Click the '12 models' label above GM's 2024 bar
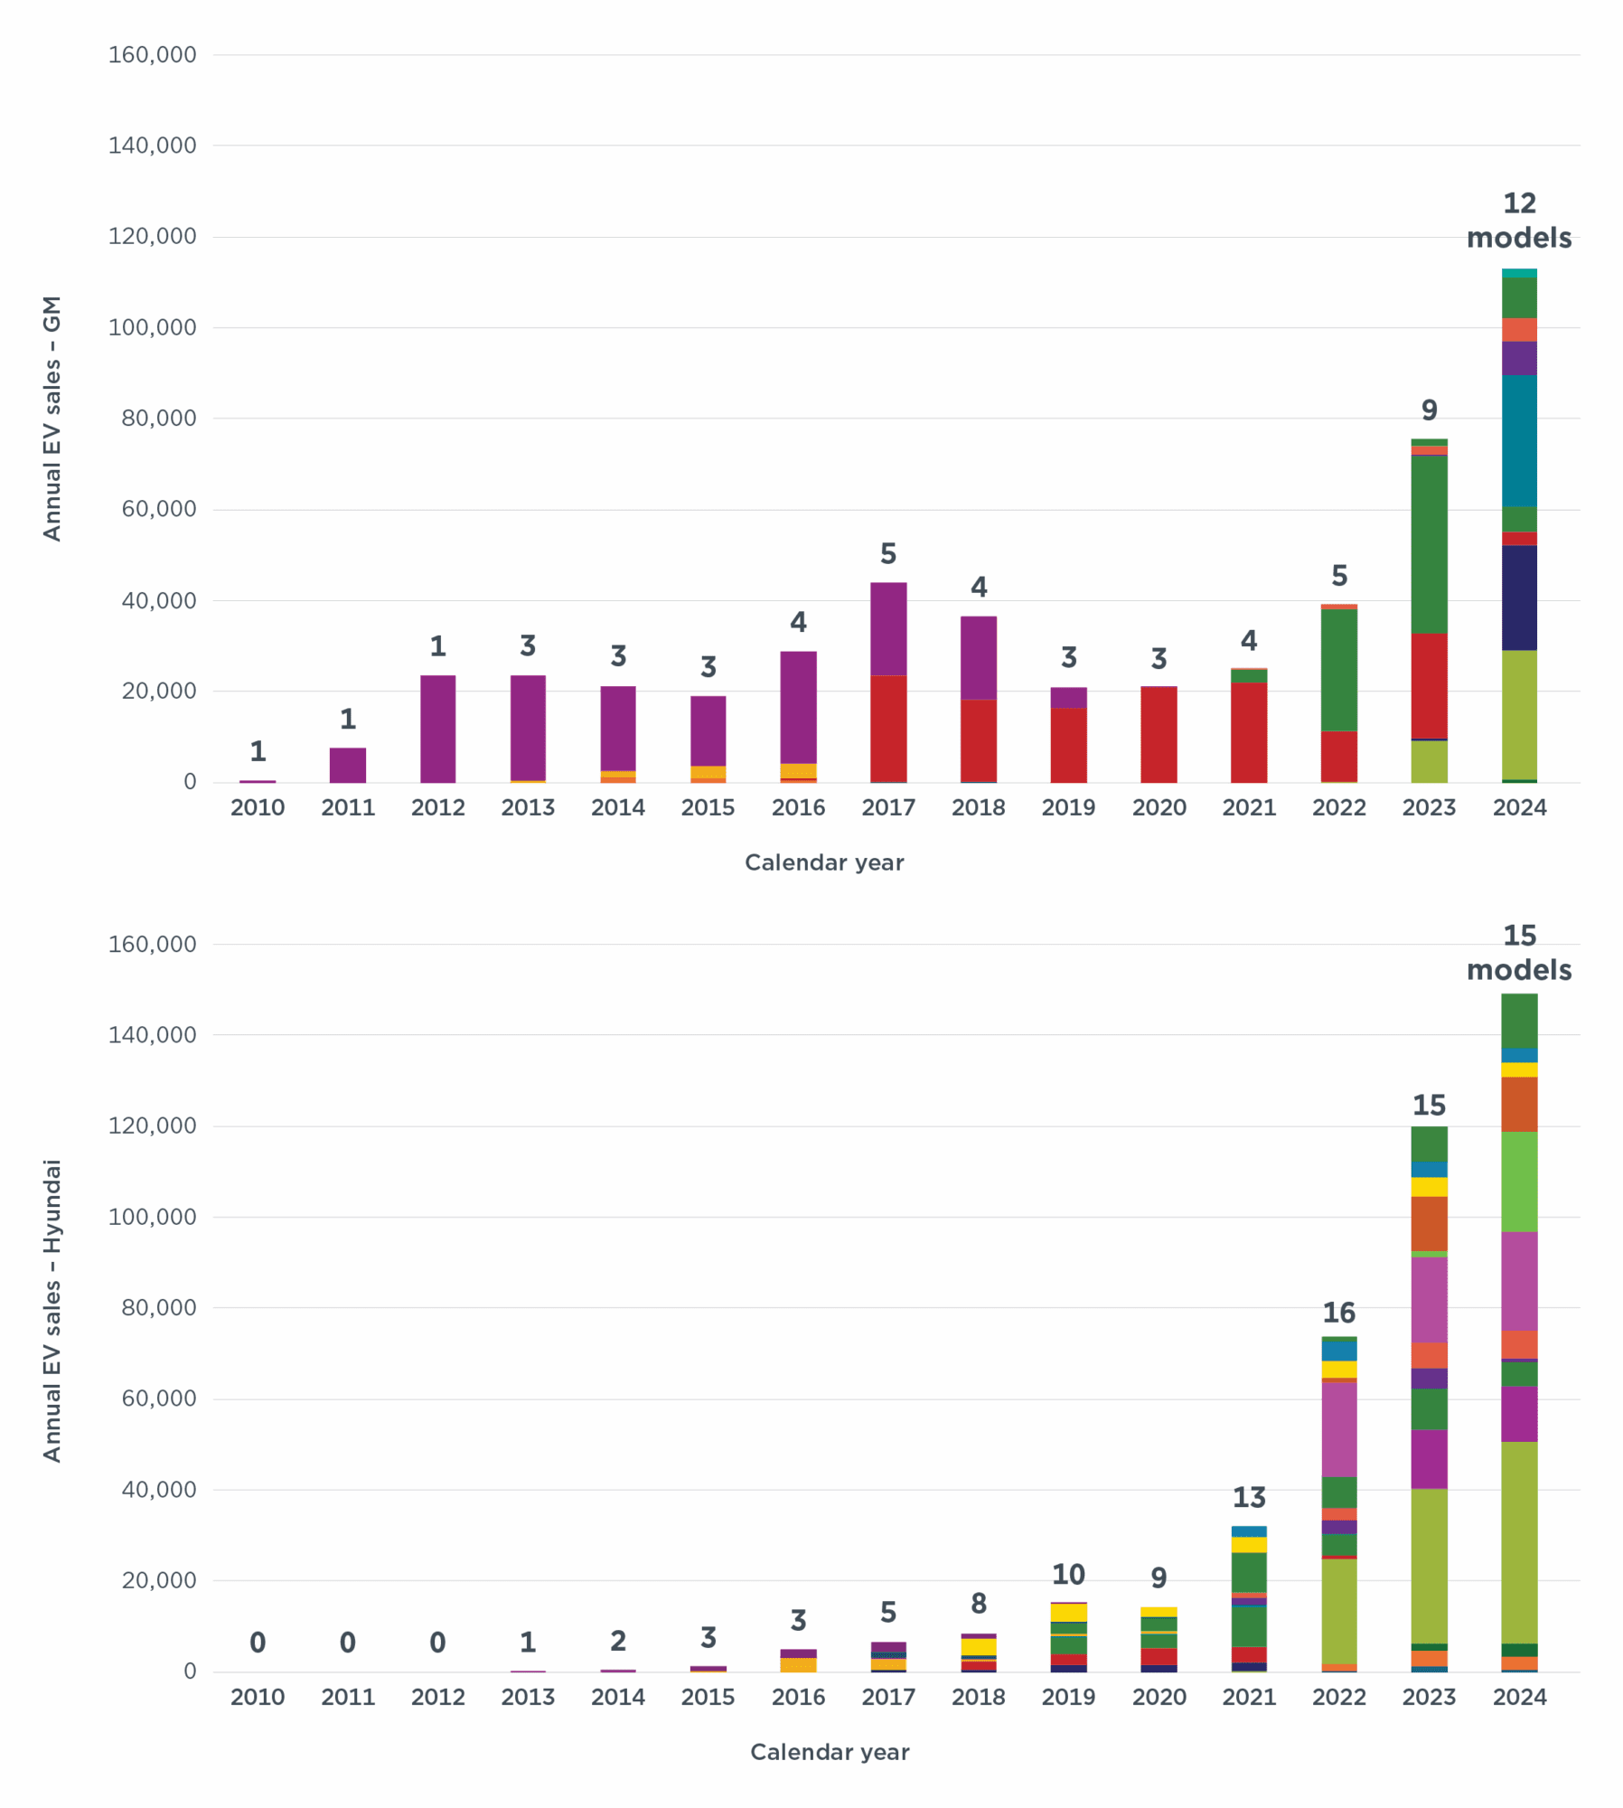[x=1518, y=221]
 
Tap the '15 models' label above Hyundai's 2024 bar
[x=1518, y=953]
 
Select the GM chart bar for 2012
[x=437, y=728]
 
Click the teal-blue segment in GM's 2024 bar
[x=1518, y=440]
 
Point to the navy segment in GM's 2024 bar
[x=1518, y=598]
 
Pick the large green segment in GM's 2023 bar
[x=1428, y=544]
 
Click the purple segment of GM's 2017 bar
[x=887, y=628]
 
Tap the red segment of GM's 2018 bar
[x=978, y=740]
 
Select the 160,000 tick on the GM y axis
[x=152, y=55]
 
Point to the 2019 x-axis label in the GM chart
[x=1068, y=807]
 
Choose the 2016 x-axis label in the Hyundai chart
[x=798, y=1697]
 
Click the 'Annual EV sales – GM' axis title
[x=52, y=418]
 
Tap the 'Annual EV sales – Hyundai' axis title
[x=52, y=1310]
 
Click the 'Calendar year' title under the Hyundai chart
[x=829, y=1752]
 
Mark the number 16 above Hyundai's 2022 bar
[x=1338, y=1313]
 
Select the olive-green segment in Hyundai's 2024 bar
[x=1518, y=1542]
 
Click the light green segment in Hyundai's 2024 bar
[x=1518, y=1182]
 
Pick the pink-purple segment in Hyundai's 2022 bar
[x=1338, y=1428]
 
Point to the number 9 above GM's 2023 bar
[x=1429, y=410]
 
